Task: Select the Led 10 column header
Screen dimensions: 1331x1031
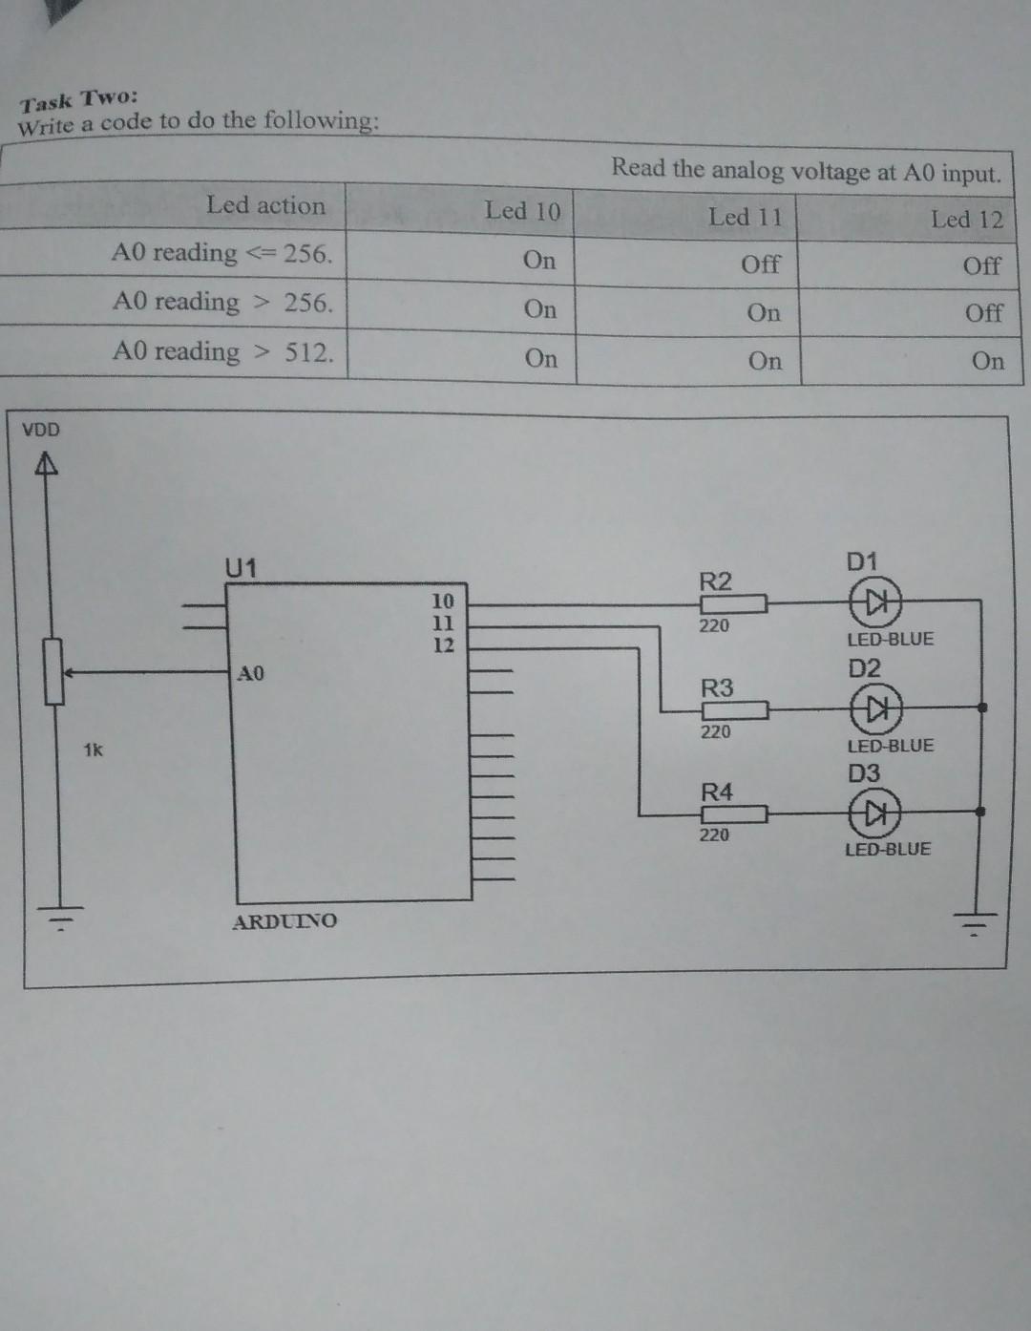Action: (522, 211)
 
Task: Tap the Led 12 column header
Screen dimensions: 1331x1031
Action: (966, 220)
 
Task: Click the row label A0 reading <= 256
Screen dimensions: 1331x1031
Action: (221, 254)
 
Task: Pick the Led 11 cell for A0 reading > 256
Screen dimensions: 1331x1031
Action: (763, 313)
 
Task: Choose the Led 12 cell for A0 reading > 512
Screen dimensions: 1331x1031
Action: (987, 362)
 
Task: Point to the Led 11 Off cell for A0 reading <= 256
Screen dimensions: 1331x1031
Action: (760, 264)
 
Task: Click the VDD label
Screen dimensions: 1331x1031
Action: (41, 430)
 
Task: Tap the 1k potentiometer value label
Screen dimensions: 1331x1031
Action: (93, 750)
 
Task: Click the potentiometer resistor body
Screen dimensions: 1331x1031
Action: (54, 672)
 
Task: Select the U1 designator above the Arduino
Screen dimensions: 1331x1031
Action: (241, 568)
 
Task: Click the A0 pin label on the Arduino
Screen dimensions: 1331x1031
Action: (250, 674)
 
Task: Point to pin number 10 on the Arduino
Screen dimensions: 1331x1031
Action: (443, 602)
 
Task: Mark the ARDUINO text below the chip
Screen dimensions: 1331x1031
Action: (284, 921)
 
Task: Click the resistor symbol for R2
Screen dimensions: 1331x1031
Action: (734, 603)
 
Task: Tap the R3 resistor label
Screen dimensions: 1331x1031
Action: (717, 687)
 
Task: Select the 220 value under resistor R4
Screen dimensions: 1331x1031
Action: (714, 835)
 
